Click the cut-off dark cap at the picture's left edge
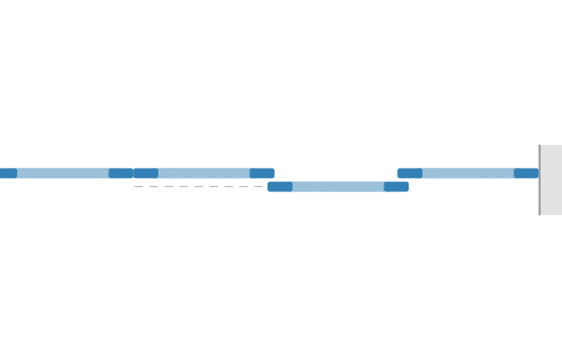[7, 173]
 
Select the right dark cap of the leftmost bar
[121, 173]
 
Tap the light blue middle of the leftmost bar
[62, 173]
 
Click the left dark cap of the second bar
[146, 173]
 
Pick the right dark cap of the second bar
[262, 173]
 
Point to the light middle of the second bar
[204, 173]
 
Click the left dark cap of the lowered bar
[280, 187]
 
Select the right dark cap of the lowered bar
[396, 187]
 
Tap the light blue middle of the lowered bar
[338, 187]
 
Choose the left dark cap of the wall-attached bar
[410, 173]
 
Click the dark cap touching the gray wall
[526, 173]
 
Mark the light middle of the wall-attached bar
[468, 173]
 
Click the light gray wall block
[551, 180]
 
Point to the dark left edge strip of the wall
[540, 180]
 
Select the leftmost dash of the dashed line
[138, 187]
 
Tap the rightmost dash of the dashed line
[258, 187]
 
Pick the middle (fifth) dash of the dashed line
[198, 187]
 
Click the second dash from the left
[153, 187]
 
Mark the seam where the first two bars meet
[134, 173]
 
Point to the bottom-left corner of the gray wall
[540, 215]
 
